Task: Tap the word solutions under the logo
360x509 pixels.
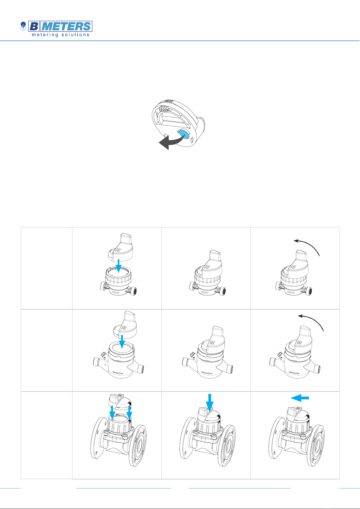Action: point(76,34)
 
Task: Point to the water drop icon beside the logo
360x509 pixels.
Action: point(23,26)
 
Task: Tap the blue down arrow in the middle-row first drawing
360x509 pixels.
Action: point(122,342)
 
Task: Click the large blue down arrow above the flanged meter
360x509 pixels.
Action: point(210,402)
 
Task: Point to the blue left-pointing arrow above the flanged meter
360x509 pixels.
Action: point(300,398)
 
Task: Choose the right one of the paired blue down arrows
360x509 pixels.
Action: point(129,413)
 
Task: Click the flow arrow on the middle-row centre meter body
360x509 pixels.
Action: point(207,373)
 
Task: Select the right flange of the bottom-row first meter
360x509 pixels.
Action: point(138,445)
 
